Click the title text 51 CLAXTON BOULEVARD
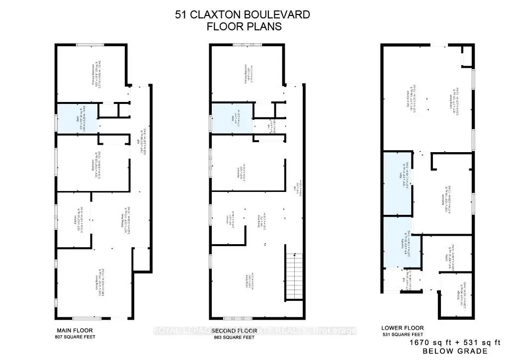(242, 14)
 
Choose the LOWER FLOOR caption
(402, 328)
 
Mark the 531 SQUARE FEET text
(402, 335)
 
